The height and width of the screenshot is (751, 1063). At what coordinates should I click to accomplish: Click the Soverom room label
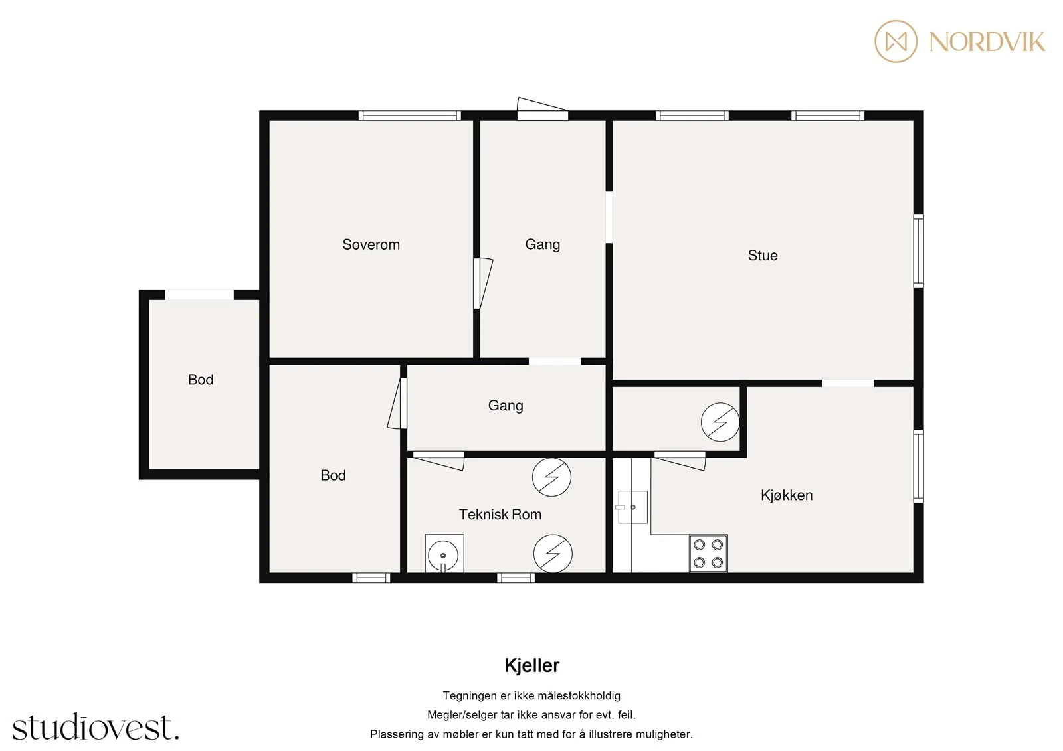click(371, 245)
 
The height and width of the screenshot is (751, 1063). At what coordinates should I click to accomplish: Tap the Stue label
click(763, 256)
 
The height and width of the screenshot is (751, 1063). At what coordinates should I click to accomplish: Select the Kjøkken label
click(787, 495)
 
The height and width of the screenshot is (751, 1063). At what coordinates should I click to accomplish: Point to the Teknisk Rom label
click(500, 514)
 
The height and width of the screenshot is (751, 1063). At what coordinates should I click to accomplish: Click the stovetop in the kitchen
click(708, 553)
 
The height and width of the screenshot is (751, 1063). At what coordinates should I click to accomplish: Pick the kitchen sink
click(632, 507)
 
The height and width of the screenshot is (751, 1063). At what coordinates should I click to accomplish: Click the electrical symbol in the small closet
click(720, 422)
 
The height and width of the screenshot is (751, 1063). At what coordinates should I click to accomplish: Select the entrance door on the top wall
click(542, 109)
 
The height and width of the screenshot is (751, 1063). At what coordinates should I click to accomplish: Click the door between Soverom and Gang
click(482, 284)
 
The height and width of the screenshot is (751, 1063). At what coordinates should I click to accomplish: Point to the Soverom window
click(409, 116)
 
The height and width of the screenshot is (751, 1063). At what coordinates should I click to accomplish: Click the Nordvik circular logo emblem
click(896, 41)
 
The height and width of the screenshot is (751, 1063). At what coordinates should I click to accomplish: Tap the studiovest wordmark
click(96, 726)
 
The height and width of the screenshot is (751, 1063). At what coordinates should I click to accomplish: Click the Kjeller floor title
click(532, 666)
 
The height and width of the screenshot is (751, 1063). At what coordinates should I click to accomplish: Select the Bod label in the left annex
click(201, 380)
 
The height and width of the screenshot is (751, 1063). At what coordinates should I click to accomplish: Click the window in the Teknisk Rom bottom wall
click(516, 578)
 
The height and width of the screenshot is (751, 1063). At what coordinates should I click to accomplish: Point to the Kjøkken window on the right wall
click(919, 466)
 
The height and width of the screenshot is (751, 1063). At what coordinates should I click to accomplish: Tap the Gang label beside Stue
click(542, 245)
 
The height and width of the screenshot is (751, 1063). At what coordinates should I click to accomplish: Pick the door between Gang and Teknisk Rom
click(438, 460)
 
